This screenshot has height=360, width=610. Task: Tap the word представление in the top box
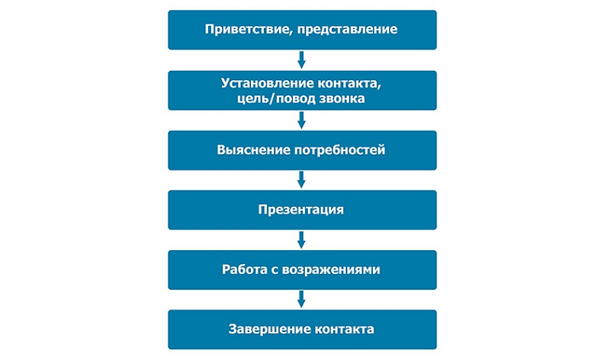tap(348, 30)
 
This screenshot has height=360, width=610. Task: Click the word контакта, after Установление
tap(349, 83)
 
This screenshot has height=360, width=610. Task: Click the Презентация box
tap(302, 210)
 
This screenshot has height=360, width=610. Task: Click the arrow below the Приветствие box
tap(301, 59)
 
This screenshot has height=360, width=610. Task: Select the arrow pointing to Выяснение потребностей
tap(301, 120)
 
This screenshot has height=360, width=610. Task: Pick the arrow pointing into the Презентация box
tap(301, 179)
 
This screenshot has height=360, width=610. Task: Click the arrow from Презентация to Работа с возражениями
tap(301, 239)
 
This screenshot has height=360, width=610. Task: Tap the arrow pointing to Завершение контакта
tap(301, 299)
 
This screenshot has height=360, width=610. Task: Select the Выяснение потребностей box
tap(302, 150)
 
